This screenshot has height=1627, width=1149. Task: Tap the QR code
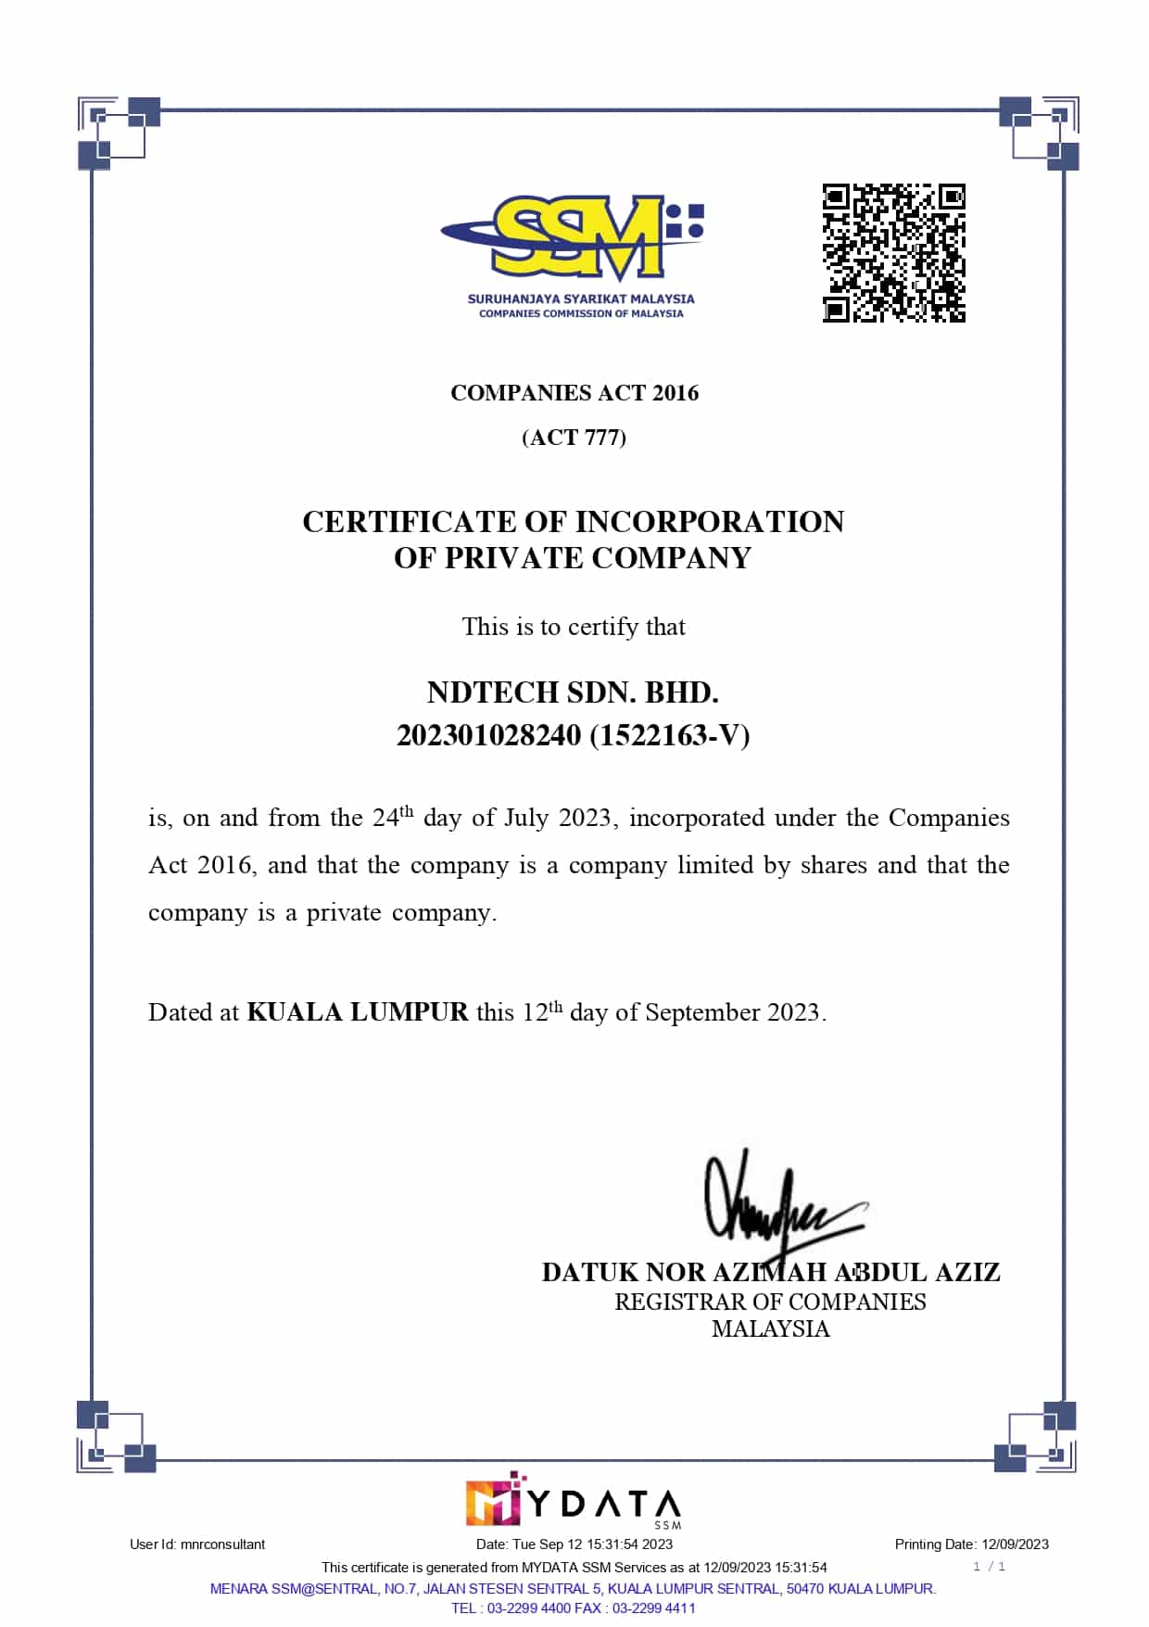click(893, 253)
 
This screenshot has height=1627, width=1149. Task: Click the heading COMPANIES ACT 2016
click(574, 393)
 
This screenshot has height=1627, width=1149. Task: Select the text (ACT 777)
click(574, 438)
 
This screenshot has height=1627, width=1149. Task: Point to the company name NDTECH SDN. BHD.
click(573, 693)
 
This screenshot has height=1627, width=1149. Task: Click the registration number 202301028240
click(488, 736)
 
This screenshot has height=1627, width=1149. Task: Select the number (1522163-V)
click(669, 736)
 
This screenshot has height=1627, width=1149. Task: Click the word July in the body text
click(526, 819)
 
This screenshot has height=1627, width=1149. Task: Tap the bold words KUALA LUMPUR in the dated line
click(358, 1012)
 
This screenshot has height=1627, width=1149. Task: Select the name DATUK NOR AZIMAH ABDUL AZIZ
click(771, 1273)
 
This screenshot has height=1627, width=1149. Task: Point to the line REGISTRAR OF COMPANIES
click(770, 1303)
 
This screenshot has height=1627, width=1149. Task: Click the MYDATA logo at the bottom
click(574, 1501)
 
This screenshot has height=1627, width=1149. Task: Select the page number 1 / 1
click(989, 1567)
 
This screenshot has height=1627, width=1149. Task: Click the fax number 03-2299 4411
click(653, 1608)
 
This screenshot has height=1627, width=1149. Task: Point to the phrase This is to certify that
click(574, 628)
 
